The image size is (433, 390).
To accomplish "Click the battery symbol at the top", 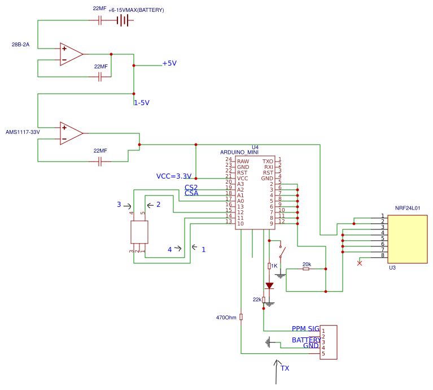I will tap(123, 20).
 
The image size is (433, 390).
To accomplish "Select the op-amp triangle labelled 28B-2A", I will tap(71, 54).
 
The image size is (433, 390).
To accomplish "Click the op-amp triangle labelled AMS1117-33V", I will tap(71, 133).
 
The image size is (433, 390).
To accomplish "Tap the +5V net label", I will tap(169, 63).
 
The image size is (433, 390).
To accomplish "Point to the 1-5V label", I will tap(141, 103).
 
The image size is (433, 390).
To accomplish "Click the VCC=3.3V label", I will tap(174, 176).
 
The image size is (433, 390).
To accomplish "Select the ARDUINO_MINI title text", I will tap(239, 152).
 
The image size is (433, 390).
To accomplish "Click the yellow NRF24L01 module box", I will tap(407, 239).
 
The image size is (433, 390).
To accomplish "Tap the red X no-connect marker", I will tap(360, 263).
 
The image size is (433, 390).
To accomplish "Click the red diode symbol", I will tap(269, 285).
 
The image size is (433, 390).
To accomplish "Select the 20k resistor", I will tap(306, 269).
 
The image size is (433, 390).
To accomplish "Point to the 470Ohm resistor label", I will tap(226, 318).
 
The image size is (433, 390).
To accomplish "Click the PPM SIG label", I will tap(305, 329).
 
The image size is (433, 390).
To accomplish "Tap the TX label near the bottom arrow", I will tap(285, 369).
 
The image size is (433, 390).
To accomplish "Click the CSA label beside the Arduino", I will tap(191, 193).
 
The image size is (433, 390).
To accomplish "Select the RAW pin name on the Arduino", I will tap(243, 162).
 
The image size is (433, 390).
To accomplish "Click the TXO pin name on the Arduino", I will tap(268, 162).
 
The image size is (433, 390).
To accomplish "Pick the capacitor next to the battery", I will tap(100, 20).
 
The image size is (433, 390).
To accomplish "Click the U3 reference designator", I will tap(392, 268).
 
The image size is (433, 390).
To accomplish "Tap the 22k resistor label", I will tap(257, 300).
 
